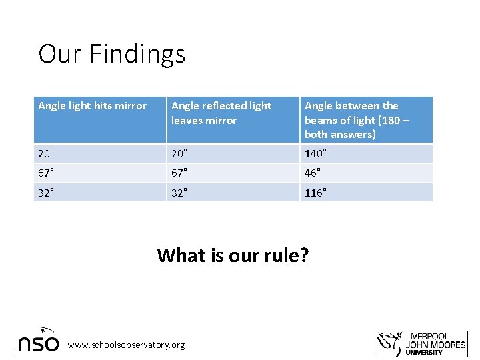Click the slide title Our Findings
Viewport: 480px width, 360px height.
pos(112,53)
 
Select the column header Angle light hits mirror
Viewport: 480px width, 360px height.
pos(93,106)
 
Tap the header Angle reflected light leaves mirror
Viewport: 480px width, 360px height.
pos(221,113)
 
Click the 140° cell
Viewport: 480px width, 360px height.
pos(316,154)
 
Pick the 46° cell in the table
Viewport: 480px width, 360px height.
pos(313,173)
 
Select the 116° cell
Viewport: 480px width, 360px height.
pos(316,193)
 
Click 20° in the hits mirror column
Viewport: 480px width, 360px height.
pos(46,154)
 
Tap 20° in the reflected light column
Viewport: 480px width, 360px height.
pos(179,154)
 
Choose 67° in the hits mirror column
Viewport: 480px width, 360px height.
pos(46,173)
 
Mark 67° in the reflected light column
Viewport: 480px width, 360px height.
pos(179,173)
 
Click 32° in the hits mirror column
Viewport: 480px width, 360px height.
pos(46,193)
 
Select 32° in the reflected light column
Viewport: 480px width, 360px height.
pos(179,193)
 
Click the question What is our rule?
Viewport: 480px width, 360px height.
pos(233,255)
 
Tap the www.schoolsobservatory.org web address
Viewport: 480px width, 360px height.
pos(127,345)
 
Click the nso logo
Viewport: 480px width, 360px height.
pos(39,341)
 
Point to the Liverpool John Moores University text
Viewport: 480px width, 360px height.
pos(437,344)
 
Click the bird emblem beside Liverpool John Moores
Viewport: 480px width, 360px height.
pos(390,343)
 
